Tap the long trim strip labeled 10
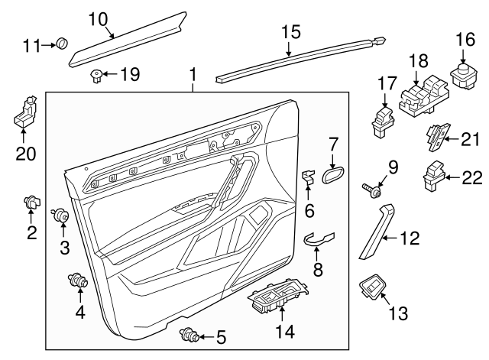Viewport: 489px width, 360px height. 126,38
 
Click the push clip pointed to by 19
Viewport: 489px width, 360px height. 97,74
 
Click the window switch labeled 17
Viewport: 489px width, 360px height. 382,118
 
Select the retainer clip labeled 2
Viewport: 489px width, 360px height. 31,202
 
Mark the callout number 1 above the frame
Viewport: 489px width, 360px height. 193,75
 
